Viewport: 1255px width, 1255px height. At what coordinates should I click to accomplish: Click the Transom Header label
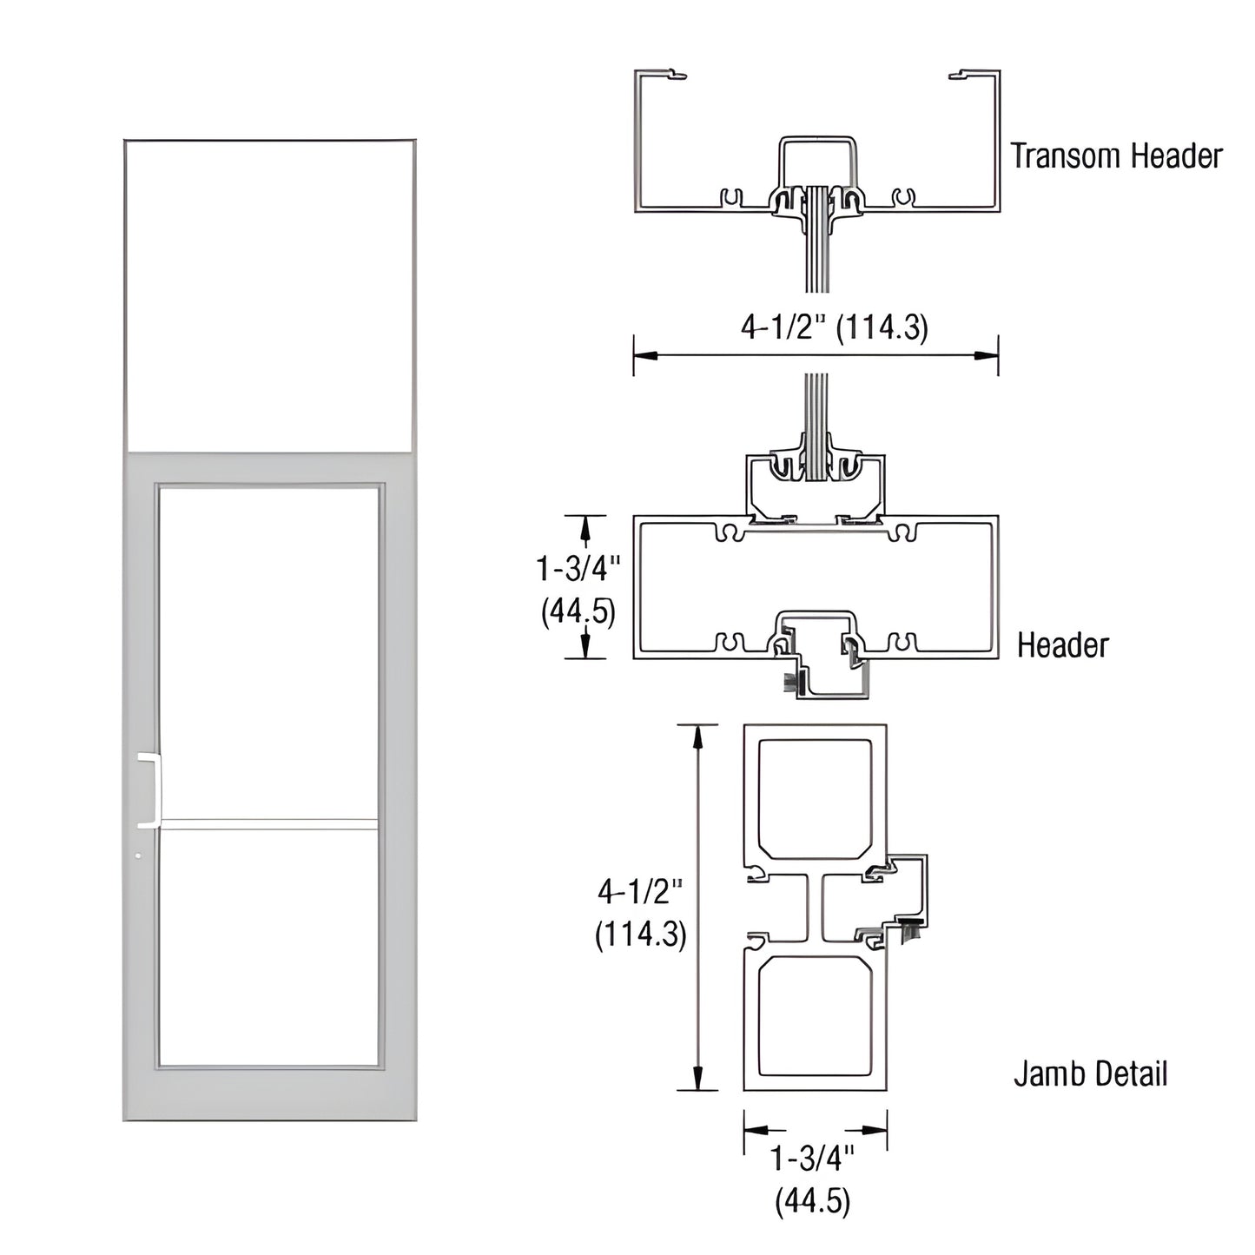1116,156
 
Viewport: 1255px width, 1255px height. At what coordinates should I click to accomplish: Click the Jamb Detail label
1090,1074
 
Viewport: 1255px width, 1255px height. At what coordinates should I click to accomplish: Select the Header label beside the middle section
1063,645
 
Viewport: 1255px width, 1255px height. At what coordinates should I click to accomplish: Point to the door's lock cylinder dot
139,857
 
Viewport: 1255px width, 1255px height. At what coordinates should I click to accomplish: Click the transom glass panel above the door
268,295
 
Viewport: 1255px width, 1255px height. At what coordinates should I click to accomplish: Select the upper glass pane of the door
269,651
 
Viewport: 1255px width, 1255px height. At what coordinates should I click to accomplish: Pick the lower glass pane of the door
269,947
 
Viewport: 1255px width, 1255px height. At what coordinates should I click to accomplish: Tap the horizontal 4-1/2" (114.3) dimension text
834,327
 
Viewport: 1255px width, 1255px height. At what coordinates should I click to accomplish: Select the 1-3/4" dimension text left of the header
578,569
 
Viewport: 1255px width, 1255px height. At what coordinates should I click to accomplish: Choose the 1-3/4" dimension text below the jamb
813,1160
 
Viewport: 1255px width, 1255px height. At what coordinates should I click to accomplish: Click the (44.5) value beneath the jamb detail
813,1201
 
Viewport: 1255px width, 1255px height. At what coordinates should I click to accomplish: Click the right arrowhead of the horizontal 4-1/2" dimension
987,354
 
